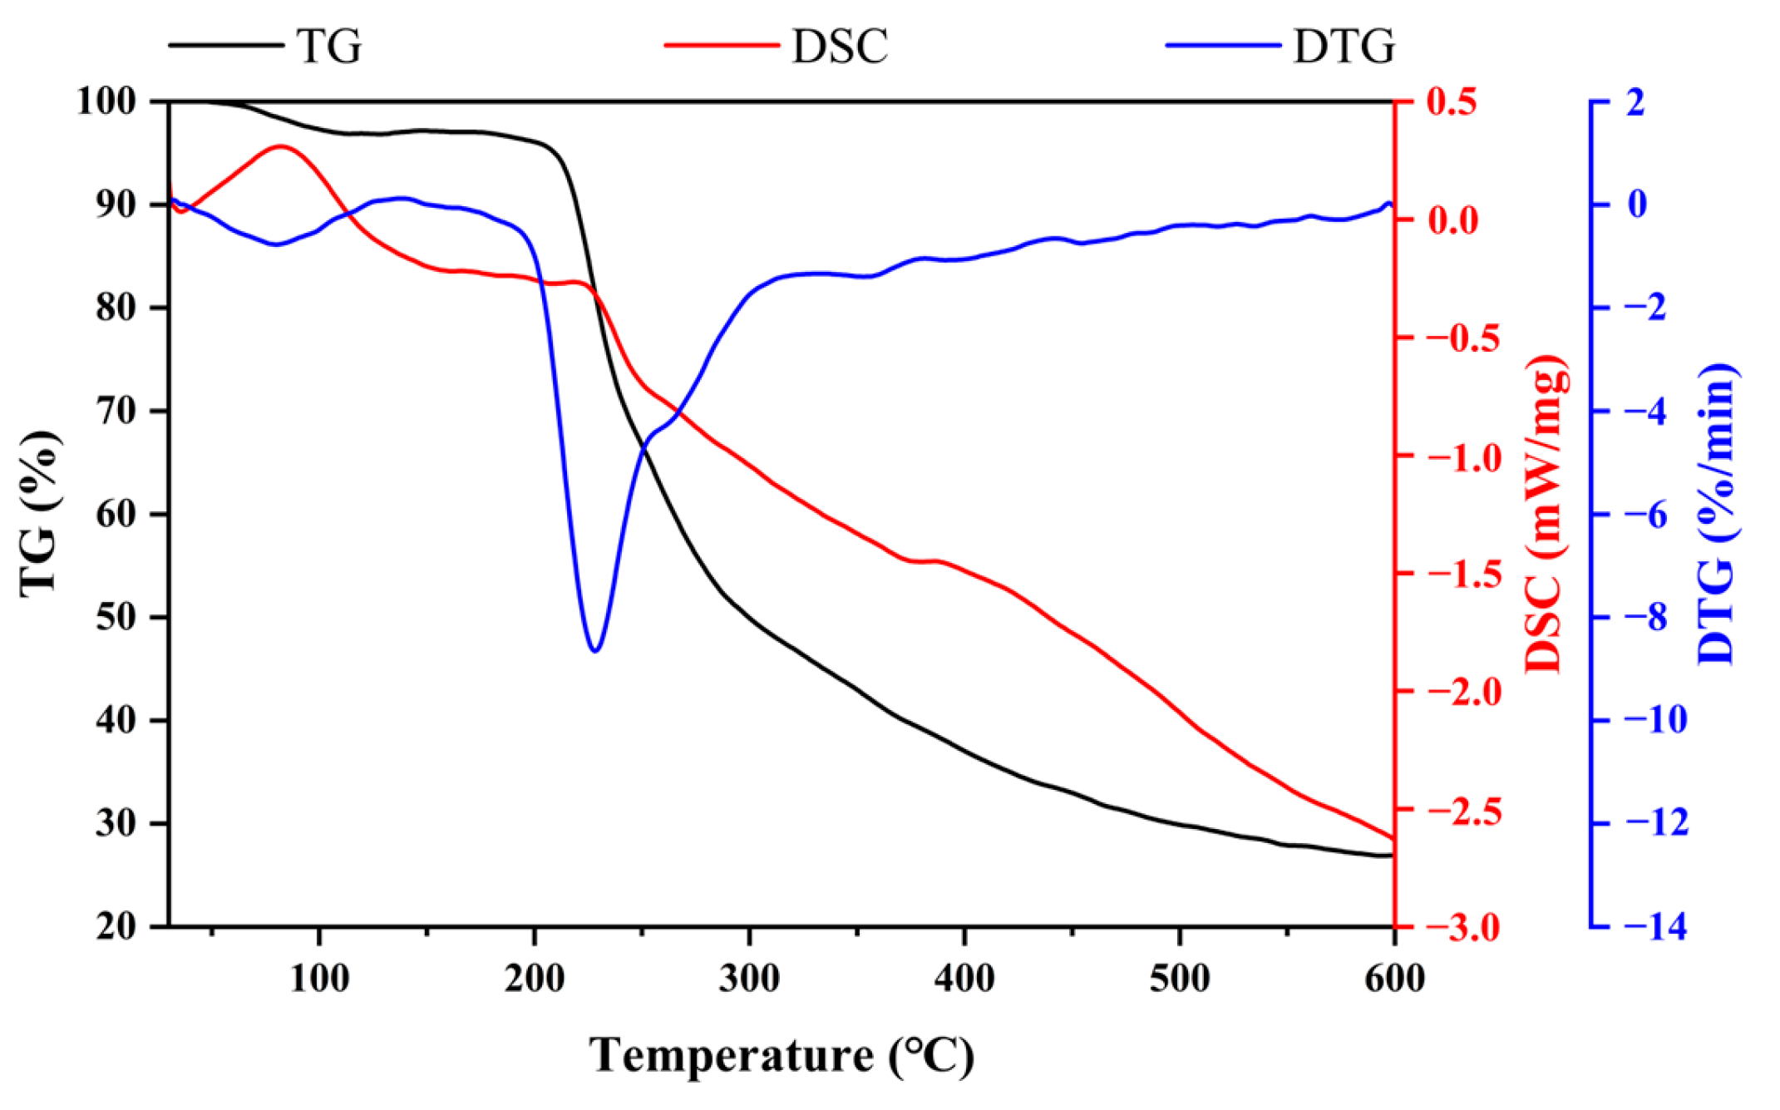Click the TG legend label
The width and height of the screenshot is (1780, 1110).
point(329,46)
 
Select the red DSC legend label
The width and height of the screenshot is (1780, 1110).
point(840,46)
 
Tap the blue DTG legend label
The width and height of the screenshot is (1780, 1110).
point(1344,46)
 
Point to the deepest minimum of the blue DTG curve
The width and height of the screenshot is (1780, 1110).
point(595,650)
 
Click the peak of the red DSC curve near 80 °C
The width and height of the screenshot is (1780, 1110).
point(281,146)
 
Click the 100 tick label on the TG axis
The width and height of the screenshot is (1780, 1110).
point(105,101)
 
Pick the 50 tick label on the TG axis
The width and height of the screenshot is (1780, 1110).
point(116,618)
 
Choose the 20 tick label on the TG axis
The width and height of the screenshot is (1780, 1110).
point(116,926)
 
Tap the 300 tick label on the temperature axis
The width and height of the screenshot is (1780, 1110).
point(749,978)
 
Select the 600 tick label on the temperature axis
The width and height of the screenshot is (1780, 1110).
point(1394,978)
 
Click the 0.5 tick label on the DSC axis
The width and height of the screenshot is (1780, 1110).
point(1452,101)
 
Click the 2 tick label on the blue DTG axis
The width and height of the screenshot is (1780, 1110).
point(1635,101)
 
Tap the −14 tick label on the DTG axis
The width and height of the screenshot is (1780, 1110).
point(1657,926)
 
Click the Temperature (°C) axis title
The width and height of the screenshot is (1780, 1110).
point(782,1056)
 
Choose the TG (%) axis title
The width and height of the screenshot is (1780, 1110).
point(40,513)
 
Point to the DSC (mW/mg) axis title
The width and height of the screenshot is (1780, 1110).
point(1546,513)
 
